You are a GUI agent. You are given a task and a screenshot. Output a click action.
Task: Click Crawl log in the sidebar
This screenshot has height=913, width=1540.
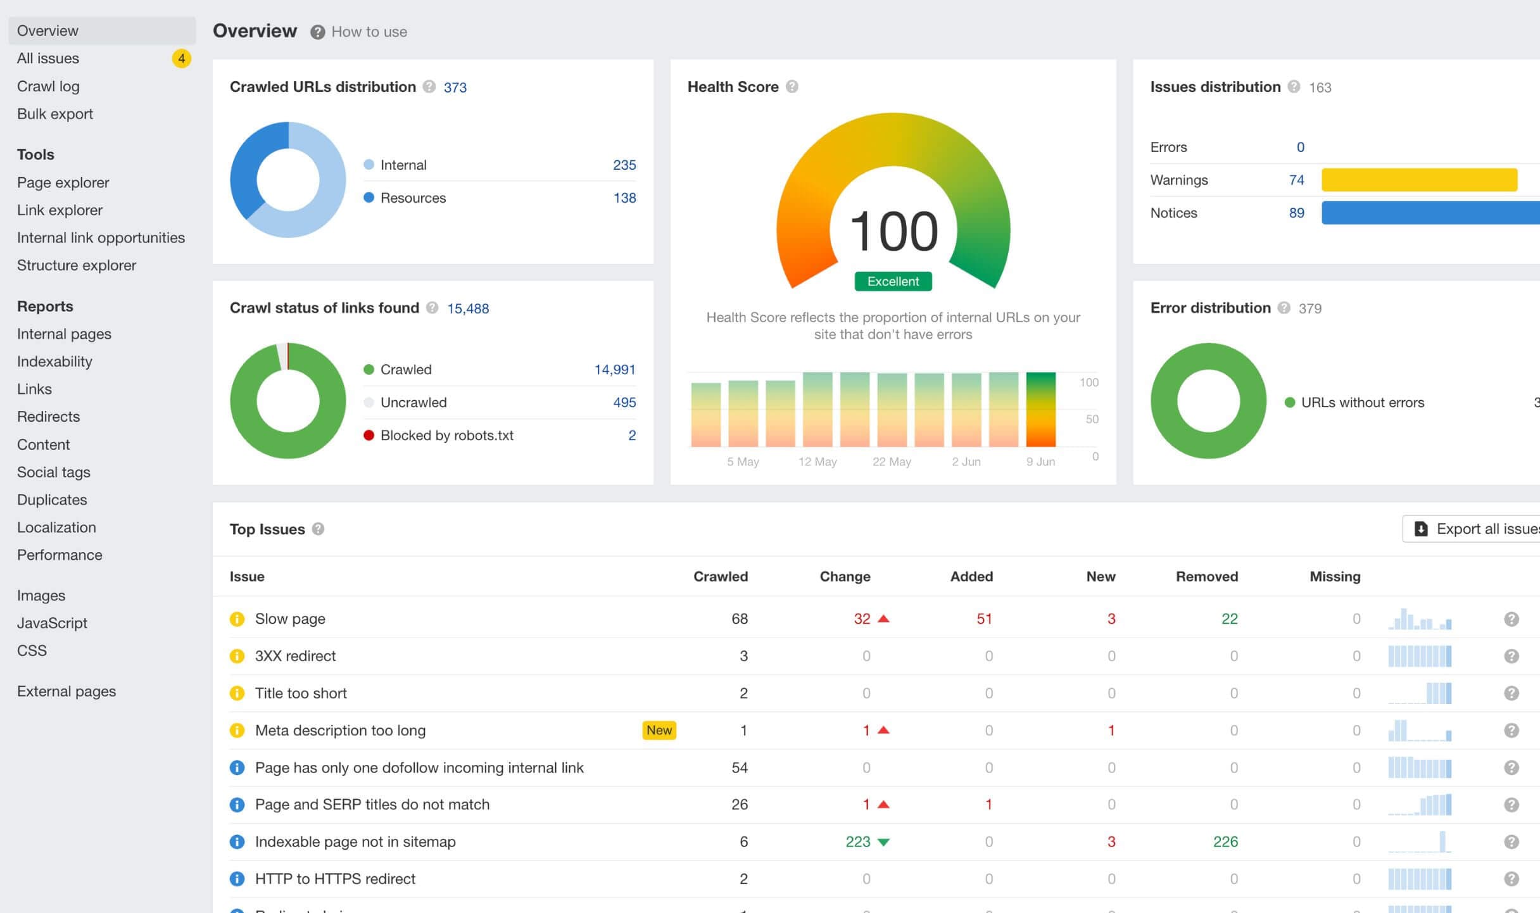point(48,86)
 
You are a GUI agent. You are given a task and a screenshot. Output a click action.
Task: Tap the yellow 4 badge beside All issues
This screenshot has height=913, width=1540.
point(181,58)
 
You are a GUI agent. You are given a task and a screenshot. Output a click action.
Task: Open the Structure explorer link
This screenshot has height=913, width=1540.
point(76,265)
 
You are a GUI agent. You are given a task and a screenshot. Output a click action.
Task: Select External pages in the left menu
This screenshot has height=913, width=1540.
point(66,691)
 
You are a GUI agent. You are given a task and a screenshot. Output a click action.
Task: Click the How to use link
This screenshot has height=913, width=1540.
point(369,32)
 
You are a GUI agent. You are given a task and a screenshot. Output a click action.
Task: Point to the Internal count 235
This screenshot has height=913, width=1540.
point(624,165)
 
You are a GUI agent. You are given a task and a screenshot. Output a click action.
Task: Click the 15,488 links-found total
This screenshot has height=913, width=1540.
point(468,308)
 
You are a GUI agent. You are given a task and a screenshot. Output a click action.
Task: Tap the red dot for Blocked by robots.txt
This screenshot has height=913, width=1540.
point(369,435)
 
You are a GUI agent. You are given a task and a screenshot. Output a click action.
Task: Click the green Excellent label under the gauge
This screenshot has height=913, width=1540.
point(893,281)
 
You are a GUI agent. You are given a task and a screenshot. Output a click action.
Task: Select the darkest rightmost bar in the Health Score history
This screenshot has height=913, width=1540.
point(1040,409)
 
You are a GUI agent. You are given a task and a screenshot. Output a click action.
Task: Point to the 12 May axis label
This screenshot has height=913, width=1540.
point(817,462)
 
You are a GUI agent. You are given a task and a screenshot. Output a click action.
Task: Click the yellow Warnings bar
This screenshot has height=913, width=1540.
point(1418,180)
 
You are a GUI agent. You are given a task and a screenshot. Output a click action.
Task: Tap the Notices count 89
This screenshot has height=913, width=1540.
point(1296,213)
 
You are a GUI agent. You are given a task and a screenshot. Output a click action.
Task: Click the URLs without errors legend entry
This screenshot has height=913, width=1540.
point(1361,402)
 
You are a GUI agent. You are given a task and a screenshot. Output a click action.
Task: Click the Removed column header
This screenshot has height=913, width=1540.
point(1206,576)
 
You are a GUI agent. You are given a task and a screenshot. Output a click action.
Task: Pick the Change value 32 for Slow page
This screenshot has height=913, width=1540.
point(862,619)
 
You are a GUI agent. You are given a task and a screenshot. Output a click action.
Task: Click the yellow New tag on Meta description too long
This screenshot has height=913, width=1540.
point(659,730)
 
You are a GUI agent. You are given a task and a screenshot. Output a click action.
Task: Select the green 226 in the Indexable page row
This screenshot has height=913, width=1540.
point(1225,841)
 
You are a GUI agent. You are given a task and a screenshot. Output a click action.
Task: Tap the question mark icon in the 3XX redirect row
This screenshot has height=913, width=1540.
point(1511,656)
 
